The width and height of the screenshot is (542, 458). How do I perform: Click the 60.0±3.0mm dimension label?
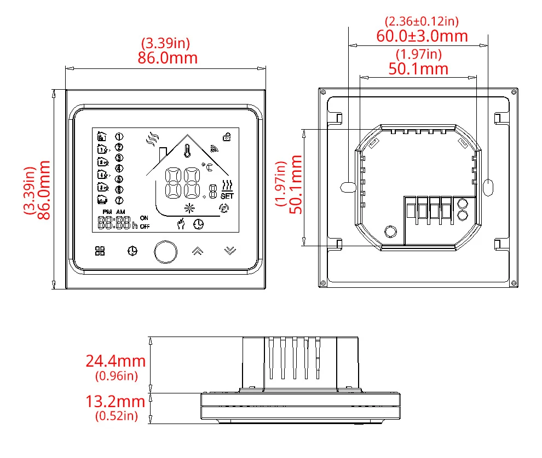click(x=422, y=36)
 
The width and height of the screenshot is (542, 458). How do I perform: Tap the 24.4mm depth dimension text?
click(x=116, y=361)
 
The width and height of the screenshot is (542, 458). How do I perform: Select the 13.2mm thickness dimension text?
click(x=116, y=401)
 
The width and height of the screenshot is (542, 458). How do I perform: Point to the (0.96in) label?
click(x=117, y=376)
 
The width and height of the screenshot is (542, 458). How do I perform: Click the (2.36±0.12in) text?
click(x=422, y=21)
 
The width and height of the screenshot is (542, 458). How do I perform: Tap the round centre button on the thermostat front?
click(x=165, y=252)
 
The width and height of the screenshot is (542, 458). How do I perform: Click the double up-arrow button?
click(x=198, y=251)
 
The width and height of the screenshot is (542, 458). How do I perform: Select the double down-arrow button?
click(x=230, y=251)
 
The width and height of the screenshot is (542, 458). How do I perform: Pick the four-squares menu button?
click(x=100, y=251)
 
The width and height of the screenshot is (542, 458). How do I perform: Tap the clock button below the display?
click(x=132, y=251)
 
